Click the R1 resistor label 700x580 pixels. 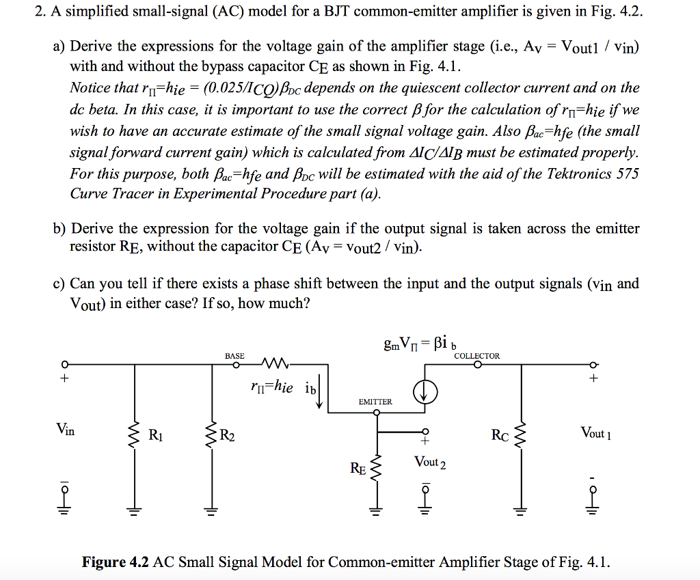point(157,433)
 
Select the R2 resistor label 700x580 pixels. point(228,433)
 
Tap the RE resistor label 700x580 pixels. point(358,468)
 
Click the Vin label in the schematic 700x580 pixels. point(66,430)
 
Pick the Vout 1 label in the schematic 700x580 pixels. point(595,432)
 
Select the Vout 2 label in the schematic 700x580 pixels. point(430,462)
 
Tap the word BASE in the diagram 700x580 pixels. point(234,356)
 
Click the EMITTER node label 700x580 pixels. point(375,402)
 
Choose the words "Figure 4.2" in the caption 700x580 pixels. point(116,562)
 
